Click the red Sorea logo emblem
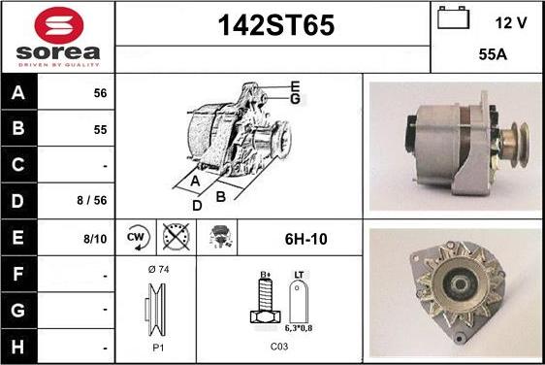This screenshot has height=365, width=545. pyautogui.click(x=59, y=25)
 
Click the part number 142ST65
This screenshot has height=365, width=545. pyautogui.click(x=276, y=25)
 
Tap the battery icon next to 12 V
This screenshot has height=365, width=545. pyautogui.click(x=453, y=17)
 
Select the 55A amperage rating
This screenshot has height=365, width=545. pyautogui.click(x=493, y=54)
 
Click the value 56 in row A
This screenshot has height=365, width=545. pyautogui.click(x=100, y=93)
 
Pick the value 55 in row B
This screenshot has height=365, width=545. pyautogui.click(x=100, y=130)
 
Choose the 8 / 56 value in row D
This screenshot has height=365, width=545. pyautogui.click(x=92, y=200)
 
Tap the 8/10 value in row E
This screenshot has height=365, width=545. pyautogui.click(x=95, y=239)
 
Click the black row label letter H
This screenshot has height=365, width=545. pyautogui.click(x=17, y=347)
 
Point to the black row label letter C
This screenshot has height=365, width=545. pyautogui.click(x=17, y=165)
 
